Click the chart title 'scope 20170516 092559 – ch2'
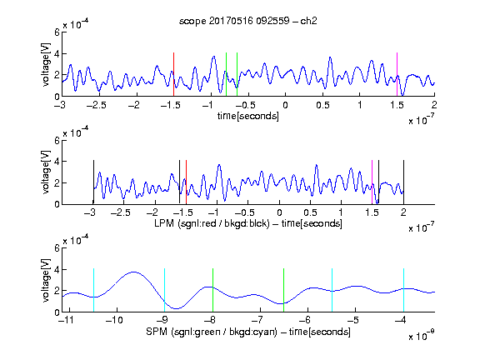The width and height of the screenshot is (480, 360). point(248,21)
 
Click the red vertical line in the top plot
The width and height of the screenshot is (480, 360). point(173,74)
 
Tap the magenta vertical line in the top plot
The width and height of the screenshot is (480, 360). point(397,74)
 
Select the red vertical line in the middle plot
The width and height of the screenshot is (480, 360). point(186,182)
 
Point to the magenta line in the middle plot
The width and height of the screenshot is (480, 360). point(372,182)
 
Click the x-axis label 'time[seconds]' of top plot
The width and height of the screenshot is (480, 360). point(248,116)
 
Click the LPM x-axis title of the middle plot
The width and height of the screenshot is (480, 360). point(248,223)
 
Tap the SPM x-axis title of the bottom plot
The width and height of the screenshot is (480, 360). point(248,332)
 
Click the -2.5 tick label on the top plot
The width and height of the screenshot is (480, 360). point(96,105)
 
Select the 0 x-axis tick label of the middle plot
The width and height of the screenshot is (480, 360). point(279,212)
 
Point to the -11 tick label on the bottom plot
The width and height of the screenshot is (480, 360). point(67,320)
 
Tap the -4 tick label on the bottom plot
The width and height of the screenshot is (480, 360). point(400,320)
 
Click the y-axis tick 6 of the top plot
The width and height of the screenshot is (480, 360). point(57,32)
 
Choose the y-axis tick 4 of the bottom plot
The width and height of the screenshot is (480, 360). point(57,270)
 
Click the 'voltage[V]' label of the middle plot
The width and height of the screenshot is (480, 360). point(46,172)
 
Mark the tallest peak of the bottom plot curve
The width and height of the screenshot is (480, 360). point(134,272)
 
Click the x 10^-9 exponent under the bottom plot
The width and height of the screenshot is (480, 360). point(422,335)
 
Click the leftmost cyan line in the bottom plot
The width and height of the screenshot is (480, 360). point(93,290)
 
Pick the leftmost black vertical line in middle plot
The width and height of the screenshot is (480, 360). point(93,182)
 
